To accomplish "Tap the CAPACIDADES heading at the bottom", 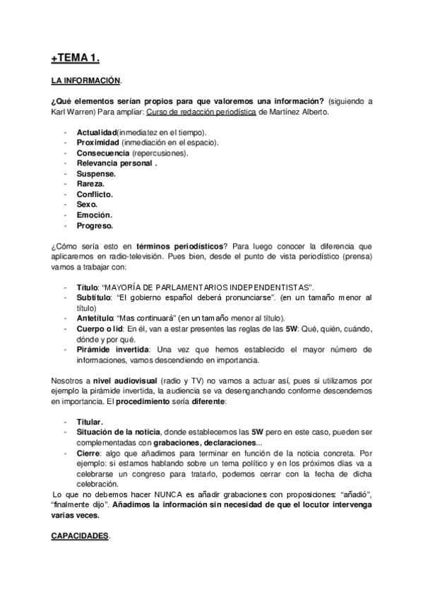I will [80, 537].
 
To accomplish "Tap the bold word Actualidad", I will [96, 132].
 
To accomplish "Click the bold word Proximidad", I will [98, 142].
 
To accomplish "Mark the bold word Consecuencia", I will [103, 153].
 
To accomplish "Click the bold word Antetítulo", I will [94, 319].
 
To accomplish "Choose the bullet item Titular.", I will [90, 422].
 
